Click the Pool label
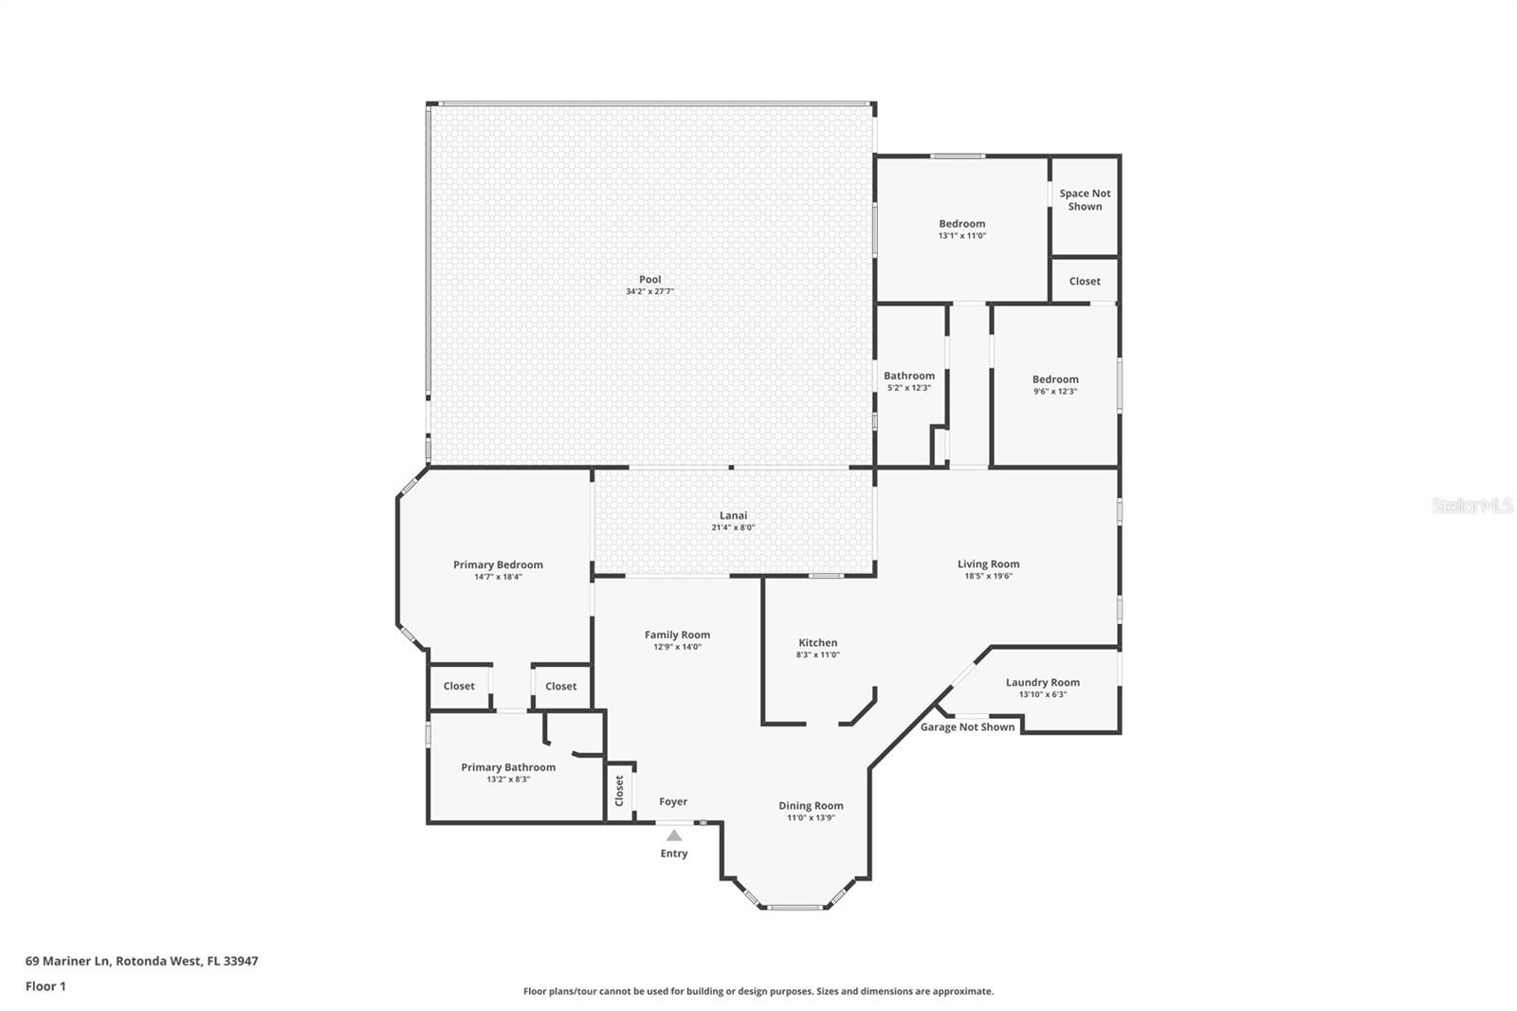coord(649,279)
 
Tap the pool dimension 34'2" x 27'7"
coord(649,292)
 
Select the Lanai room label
coord(733,515)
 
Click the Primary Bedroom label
coord(498,564)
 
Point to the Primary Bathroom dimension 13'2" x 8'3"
coord(508,780)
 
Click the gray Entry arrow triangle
coord(673,836)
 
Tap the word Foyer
coord(673,801)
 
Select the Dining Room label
coord(811,805)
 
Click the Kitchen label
coord(817,642)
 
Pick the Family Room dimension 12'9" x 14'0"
coord(677,647)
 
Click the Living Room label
coord(988,563)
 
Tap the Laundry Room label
coord(1042,682)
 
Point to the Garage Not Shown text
coord(967,727)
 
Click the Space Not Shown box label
coord(1085,199)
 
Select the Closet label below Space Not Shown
coord(1085,281)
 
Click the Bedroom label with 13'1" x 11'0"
coord(961,224)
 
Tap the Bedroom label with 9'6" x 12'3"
coord(1055,378)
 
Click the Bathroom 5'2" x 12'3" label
coord(909,376)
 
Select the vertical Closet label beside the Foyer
coord(619,791)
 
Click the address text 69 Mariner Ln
coord(69,960)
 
